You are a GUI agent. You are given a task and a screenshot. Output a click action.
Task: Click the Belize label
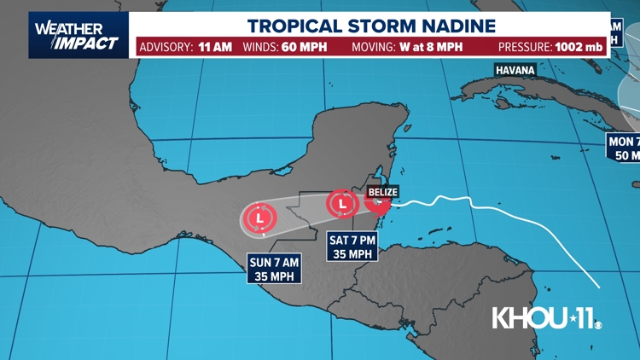point(383,192)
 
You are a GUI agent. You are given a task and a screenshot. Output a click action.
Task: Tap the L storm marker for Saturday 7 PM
point(342,204)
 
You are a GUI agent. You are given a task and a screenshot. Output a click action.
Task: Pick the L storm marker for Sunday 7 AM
point(257,218)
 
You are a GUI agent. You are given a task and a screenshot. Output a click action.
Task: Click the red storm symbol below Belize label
point(376,203)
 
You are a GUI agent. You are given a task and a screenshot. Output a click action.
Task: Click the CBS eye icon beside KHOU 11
point(598,324)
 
